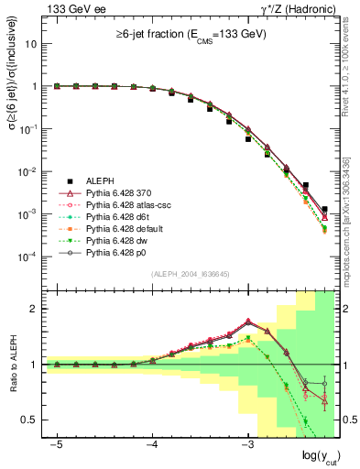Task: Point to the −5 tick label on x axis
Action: click(x=56, y=443)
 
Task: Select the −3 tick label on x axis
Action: click(x=248, y=443)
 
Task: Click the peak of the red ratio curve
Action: click(x=248, y=321)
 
